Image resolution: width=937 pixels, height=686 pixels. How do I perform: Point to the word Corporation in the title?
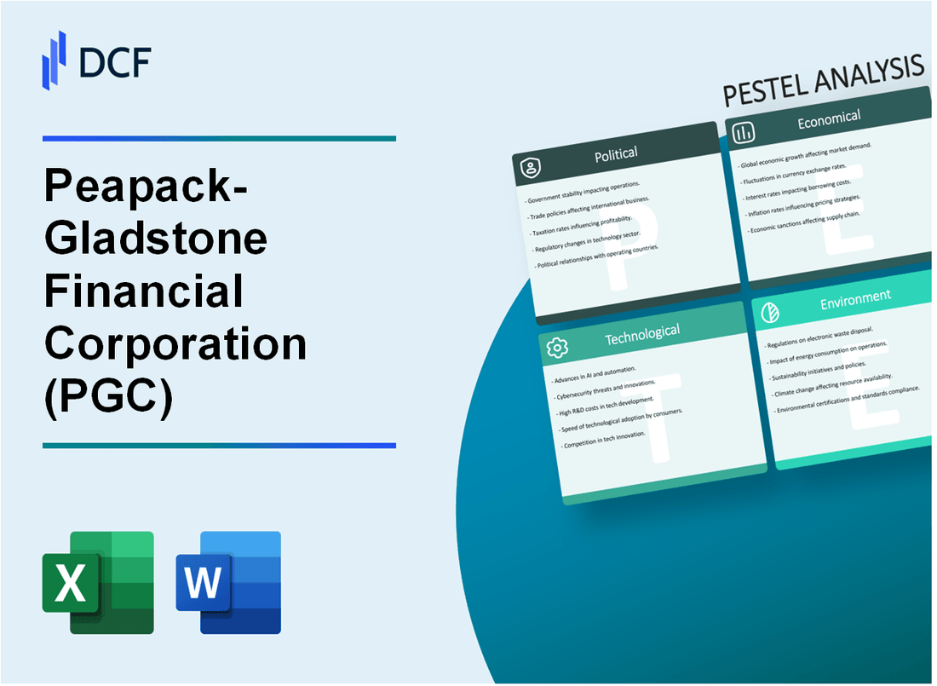(x=175, y=343)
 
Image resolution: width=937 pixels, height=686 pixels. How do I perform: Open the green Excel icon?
(x=98, y=583)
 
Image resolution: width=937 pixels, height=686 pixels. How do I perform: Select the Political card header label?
(x=616, y=153)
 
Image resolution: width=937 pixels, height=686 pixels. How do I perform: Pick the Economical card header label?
(x=828, y=119)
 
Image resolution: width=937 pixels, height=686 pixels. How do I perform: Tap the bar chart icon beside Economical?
(x=744, y=132)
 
